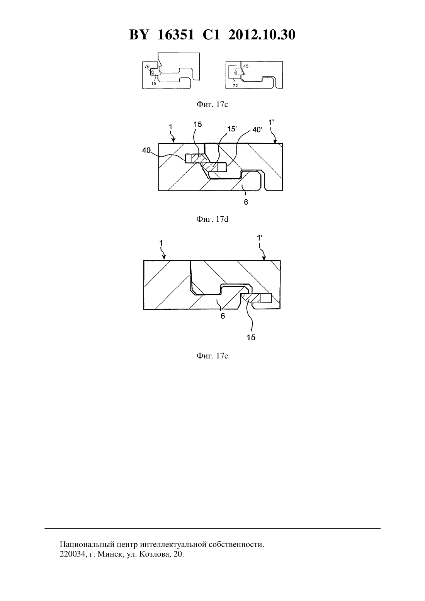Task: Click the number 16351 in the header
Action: click(175, 35)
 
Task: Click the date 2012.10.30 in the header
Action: click(262, 35)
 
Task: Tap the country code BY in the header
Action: click(139, 35)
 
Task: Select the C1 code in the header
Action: click(211, 35)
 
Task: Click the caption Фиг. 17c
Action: click(212, 104)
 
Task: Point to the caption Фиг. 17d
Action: click(212, 219)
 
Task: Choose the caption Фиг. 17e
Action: click(212, 356)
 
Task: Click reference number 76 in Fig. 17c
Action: click(147, 66)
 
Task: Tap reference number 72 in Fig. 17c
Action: click(235, 86)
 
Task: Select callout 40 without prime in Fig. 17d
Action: click(146, 150)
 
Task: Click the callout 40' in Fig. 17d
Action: click(257, 130)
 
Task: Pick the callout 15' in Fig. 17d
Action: click(232, 129)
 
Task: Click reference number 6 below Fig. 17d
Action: click(246, 202)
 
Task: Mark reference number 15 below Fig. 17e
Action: click(251, 337)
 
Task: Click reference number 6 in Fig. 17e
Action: click(223, 316)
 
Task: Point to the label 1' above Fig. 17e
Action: click(260, 238)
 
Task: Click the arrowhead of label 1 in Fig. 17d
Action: click(174, 140)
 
